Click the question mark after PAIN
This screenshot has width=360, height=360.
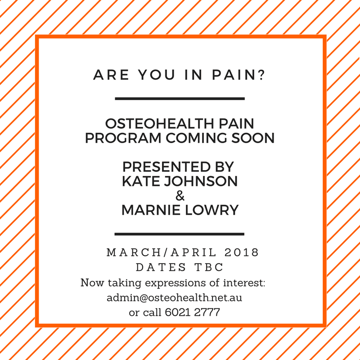point(261,75)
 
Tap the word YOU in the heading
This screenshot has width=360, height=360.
point(157,75)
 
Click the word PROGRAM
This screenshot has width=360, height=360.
point(123,138)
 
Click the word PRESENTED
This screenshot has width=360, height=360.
point(166,166)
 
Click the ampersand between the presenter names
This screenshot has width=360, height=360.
point(180,196)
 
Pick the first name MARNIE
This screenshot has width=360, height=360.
point(151,210)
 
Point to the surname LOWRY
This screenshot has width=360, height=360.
point(211,210)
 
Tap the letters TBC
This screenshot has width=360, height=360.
point(209,267)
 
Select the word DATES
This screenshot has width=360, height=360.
point(161,267)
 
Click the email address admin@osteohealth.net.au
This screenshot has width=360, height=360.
point(175,297)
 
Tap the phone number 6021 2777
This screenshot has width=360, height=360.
point(193,312)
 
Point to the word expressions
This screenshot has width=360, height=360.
point(175,283)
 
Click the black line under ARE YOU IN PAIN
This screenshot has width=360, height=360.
point(180,99)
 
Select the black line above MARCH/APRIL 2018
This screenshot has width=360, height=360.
point(179,234)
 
